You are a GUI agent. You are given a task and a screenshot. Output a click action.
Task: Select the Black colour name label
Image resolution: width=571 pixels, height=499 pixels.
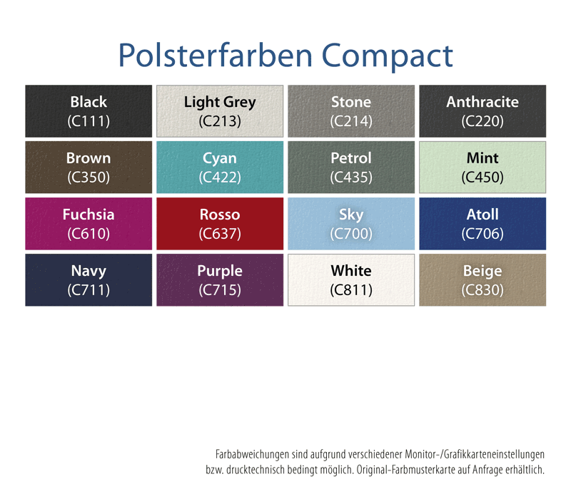pyautogui.click(x=89, y=102)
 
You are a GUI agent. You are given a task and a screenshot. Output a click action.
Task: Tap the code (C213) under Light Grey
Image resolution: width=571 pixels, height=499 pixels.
pyautogui.click(x=220, y=121)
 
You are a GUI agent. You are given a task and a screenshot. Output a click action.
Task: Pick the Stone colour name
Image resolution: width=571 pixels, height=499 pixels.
pyautogui.click(x=351, y=102)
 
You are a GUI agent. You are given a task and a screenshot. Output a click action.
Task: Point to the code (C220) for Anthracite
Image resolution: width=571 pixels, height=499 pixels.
pyautogui.click(x=482, y=121)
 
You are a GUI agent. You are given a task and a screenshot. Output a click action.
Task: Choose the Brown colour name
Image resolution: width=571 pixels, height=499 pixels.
pyautogui.click(x=89, y=158)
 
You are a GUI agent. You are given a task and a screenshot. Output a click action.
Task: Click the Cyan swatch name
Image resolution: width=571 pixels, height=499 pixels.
pyautogui.click(x=220, y=158)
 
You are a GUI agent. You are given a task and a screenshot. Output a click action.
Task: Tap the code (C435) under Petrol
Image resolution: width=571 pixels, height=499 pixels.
pyautogui.click(x=351, y=178)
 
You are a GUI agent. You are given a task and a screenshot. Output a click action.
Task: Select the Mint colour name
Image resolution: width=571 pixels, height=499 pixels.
pyautogui.click(x=482, y=158)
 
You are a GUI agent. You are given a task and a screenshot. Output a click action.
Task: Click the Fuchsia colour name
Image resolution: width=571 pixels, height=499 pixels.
pyautogui.click(x=89, y=215)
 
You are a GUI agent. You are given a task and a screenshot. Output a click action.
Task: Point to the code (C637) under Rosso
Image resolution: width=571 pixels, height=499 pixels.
pyautogui.click(x=220, y=234)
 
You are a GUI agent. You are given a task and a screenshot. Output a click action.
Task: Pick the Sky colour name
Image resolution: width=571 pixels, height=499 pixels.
pyautogui.click(x=351, y=215)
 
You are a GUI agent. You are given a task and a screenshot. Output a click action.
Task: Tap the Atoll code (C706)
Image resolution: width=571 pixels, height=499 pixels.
pyautogui.click(x=482, y=234)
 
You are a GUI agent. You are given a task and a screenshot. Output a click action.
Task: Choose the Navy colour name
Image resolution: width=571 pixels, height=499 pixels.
pyautogui.click(x=89, y=271)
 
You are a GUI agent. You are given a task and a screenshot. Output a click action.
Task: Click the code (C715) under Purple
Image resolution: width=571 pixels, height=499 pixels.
pyautogui.click(x=220, y=290)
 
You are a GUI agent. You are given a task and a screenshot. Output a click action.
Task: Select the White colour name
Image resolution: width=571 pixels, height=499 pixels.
pyautogui.click(x=351, y=271)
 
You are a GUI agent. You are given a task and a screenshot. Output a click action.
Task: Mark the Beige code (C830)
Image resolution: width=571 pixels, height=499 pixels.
pyautogui.click(x=482, y=290)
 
